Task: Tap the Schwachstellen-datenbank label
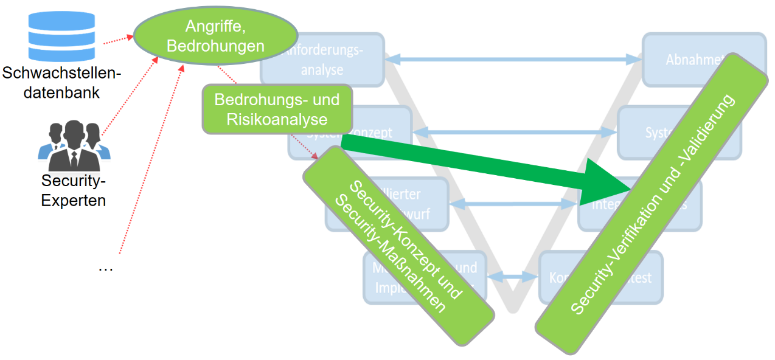pyautogui.click(x=62, y=83)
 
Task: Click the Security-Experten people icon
pyautogui.click(x=74, y=146)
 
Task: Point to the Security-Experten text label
pyautogui.click(x=74, y=190)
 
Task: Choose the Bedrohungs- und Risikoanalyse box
pyautogui.click(x=277, y=109)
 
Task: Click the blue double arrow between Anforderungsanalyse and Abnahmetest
pyautogui.click(x=514, y=59)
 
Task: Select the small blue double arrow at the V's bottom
pyautogui.click(x=512, y=277)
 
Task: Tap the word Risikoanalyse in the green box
pyautogui.click(x=277, y=119)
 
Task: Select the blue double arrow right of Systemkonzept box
pyautogui.click(x=514, y=131)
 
